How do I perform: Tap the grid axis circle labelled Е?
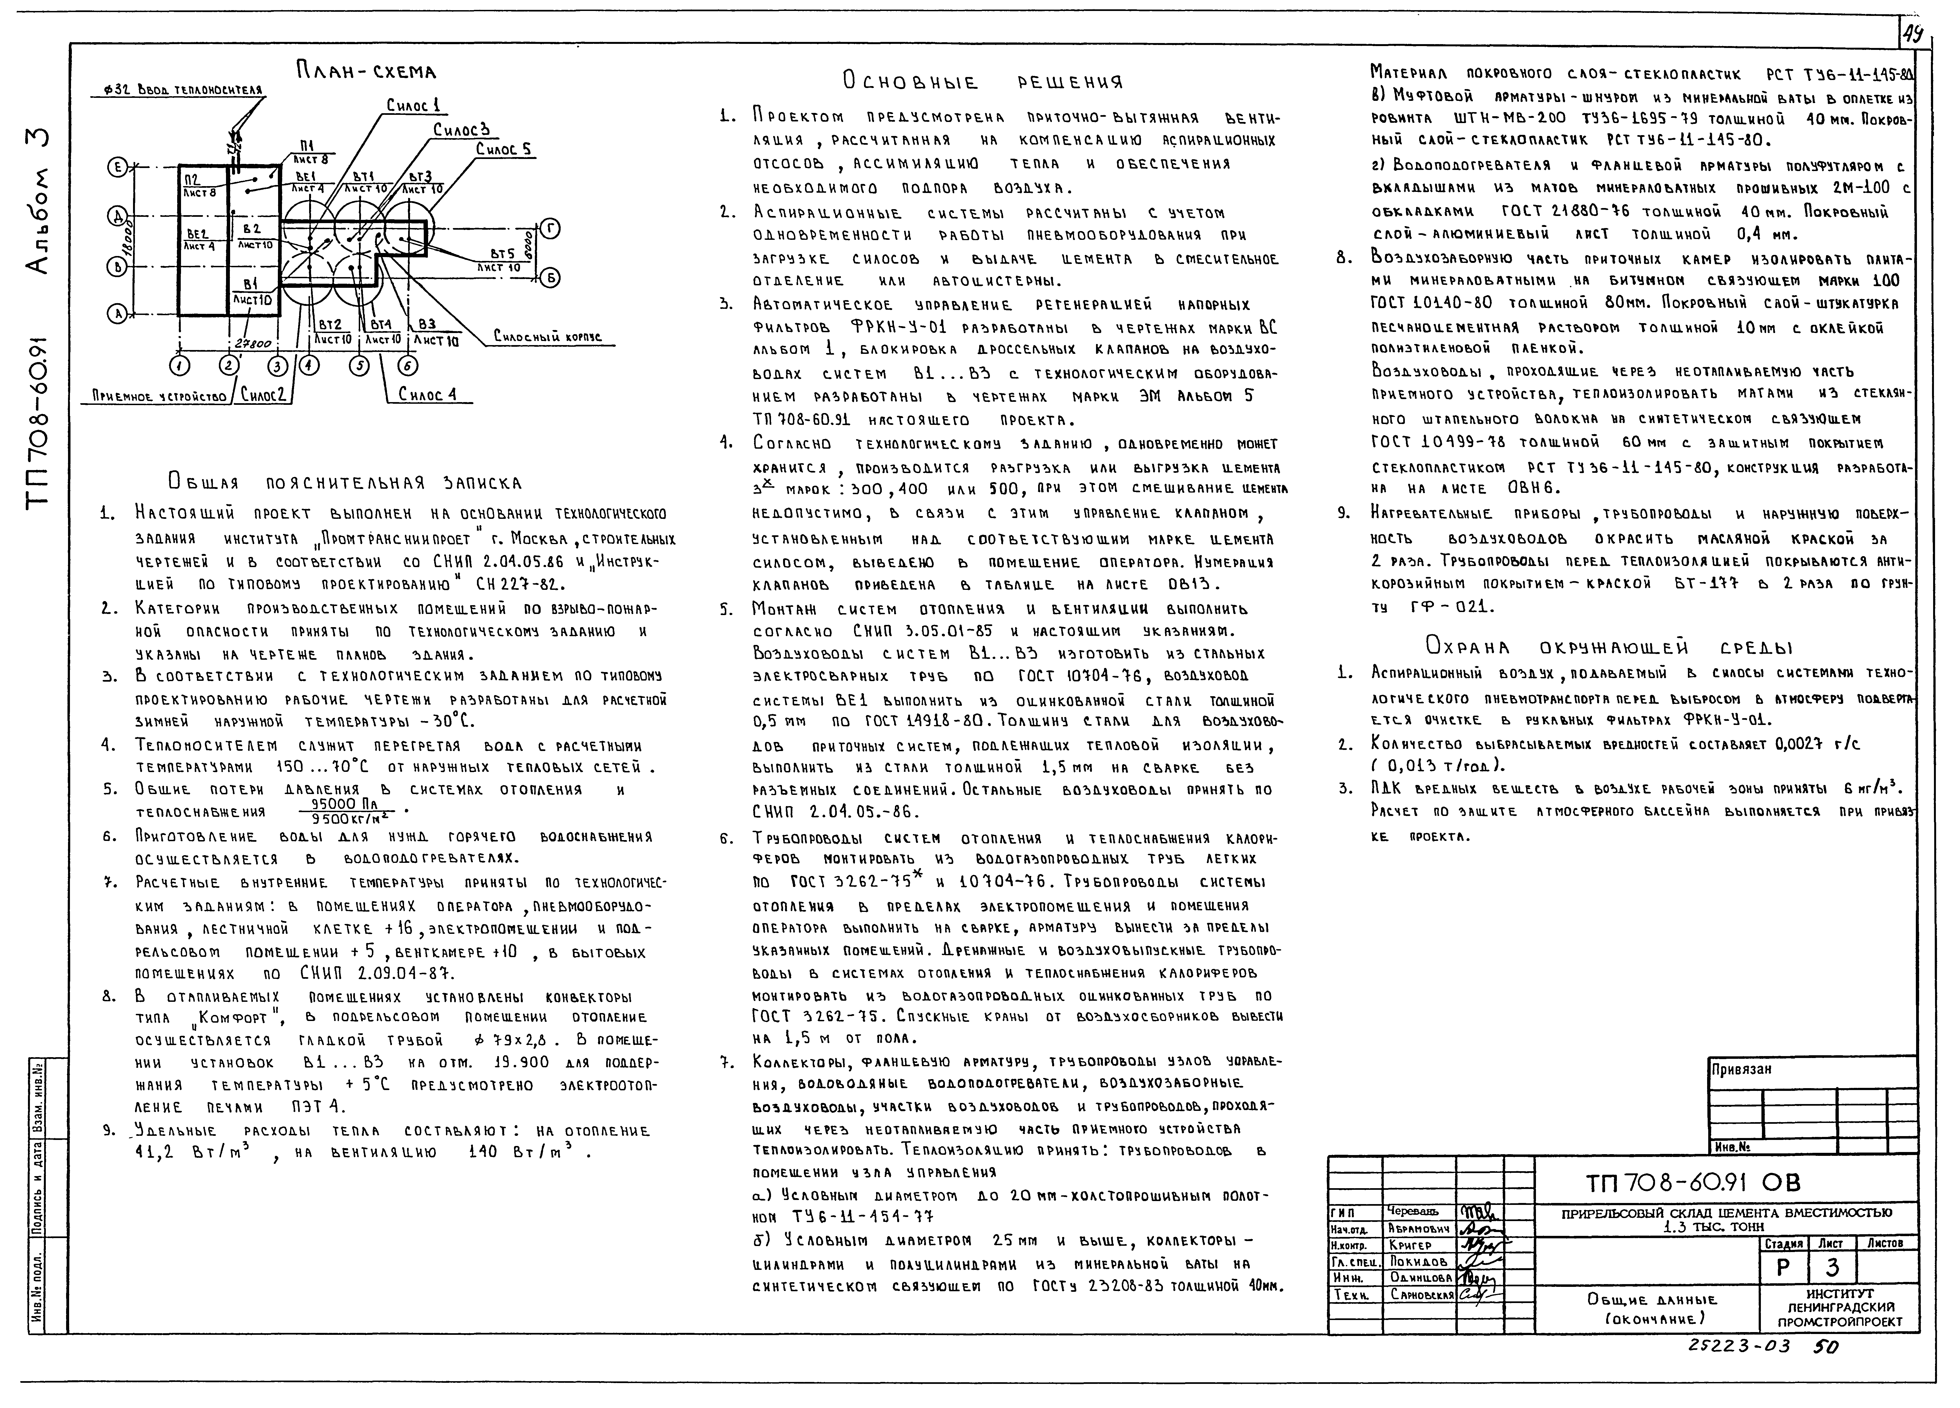(116, 167)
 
